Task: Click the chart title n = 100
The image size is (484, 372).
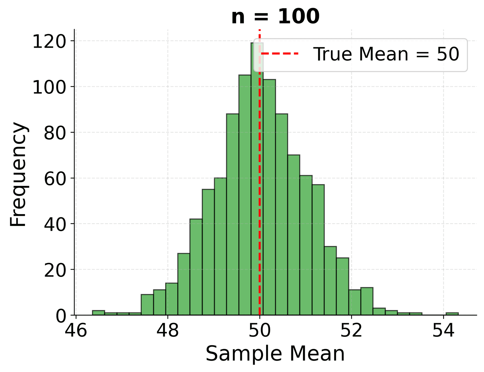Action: coord(275,17)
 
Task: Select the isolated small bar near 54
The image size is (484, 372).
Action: coord(452,314)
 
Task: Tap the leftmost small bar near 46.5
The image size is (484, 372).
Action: coord(98,313)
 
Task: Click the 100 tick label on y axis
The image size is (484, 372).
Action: coord(49,87)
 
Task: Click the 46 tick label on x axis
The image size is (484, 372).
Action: coord(76,331)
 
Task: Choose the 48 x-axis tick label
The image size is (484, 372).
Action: coord(168,331)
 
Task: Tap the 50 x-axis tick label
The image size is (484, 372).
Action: coord(260,331)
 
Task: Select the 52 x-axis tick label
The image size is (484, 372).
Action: coord(351,331)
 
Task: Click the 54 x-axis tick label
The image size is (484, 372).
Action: coord(443,331)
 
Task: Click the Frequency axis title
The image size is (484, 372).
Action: coord(18,174)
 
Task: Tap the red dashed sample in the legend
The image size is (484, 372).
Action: coord(280,54)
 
